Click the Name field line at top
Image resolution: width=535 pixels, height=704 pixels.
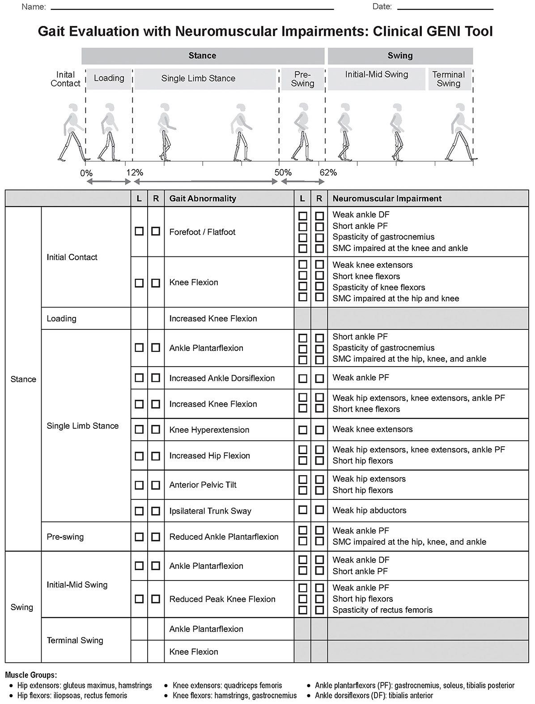(192, 9)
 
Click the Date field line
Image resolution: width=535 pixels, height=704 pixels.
(445, 9)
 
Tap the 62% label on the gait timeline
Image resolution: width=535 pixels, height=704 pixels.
(328, 173)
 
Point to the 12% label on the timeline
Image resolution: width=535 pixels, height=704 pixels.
(134, 173)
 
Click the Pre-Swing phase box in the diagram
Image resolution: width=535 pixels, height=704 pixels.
(302, 79)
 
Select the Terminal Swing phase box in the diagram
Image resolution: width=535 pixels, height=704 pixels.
(449, 79)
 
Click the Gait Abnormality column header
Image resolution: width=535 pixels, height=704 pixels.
(203, 198)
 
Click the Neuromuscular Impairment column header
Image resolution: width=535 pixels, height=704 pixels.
(387, 198)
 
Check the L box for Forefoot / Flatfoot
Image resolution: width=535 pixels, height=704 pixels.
(139, 231)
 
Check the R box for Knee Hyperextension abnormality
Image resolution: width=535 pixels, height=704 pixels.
(156, 430)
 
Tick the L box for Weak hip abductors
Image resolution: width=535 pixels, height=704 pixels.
(303, 510)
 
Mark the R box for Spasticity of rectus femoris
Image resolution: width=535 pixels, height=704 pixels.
(319, 610)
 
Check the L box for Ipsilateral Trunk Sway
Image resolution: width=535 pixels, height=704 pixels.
(139, 511)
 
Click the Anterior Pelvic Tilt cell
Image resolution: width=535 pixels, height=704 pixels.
(203, 485)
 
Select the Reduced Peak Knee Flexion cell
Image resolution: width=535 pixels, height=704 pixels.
(222, 599)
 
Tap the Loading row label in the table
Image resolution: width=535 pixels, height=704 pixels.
(62, 319)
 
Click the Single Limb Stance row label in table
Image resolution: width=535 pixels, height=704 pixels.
(83, 426)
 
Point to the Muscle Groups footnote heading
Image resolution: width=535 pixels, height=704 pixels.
(31, 675)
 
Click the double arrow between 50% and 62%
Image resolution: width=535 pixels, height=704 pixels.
(302, 181)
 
